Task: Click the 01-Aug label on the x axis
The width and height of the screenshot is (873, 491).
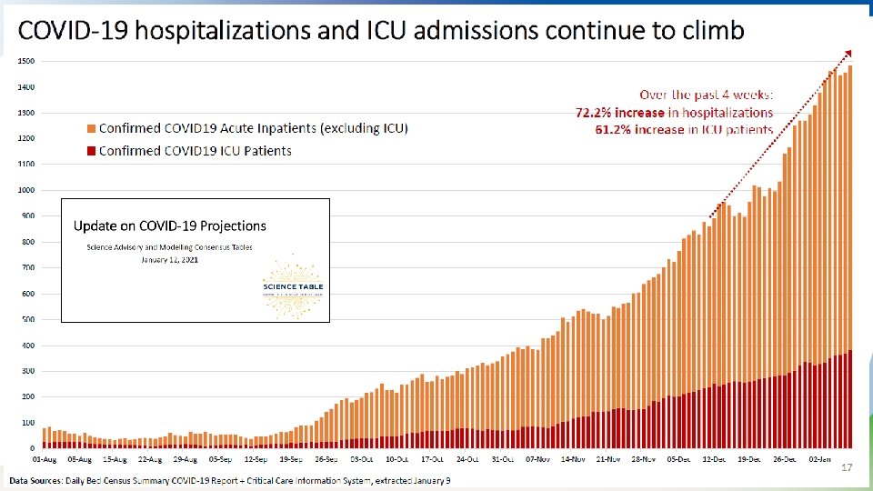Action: tap(45, 459)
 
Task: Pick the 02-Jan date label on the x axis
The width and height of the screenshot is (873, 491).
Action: tap(822, 459)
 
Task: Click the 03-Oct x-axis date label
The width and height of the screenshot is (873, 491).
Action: tap(361, 459)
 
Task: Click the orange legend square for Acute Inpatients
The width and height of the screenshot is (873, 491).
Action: tap(89, 128)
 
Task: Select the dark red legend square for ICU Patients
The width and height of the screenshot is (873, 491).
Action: tap(89, 150)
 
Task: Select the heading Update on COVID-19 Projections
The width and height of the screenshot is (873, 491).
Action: tap(170, 225)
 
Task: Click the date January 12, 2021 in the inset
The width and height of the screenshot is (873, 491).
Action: tap(169, 259)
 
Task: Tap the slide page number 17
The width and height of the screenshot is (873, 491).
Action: tap(846, 467)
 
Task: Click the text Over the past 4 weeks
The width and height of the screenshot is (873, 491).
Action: tap(706, 95)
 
